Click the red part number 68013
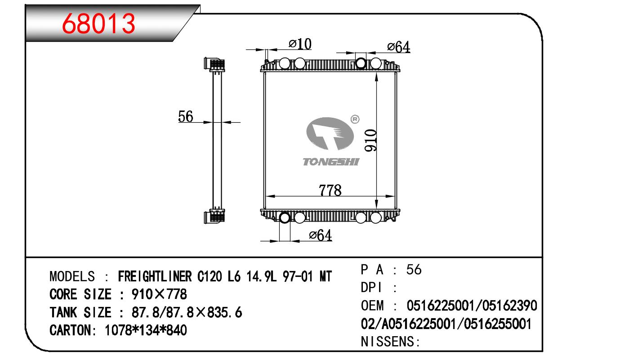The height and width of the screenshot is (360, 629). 98,24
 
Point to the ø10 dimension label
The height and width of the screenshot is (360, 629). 300,44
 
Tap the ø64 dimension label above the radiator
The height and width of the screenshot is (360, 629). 398,47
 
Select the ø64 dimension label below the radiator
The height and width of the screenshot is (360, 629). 321,235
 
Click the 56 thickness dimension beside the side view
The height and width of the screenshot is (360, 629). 185,116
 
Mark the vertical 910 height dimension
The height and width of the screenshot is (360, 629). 370,140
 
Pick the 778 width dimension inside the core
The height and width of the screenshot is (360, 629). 330,190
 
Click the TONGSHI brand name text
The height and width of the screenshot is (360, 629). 331,162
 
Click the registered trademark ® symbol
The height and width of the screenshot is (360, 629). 355,119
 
